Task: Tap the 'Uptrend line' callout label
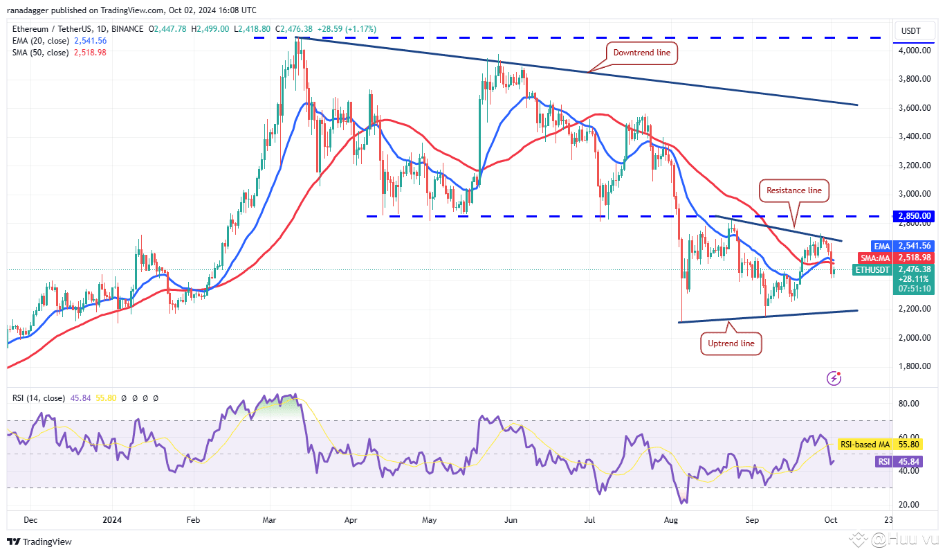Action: click(x=731, y=343)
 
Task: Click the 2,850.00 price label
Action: click(x=915, y=216)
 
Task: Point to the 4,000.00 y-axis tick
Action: click(x=914, y=51)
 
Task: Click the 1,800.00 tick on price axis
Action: click(x=914, y=366)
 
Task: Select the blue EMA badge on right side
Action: click(x=881, y=246)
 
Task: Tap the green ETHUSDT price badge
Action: click(x=872, y=269)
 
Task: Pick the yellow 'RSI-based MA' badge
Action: click(x=864, y=445)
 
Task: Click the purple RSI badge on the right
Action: click(x=883, y=461)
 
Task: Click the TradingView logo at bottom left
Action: click(x=39, y=542)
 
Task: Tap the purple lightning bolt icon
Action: click(x=834, y=378)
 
